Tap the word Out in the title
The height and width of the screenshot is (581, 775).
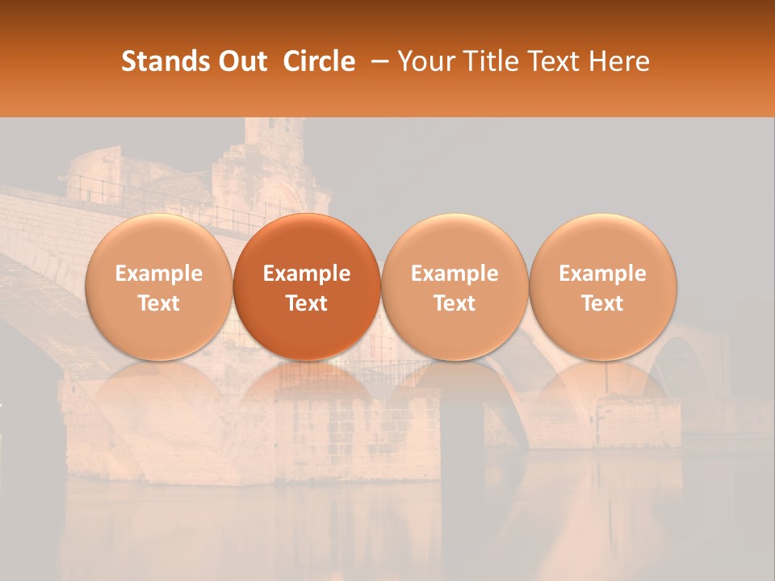244,61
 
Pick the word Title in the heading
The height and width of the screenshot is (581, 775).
490,61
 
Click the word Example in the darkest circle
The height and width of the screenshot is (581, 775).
307,274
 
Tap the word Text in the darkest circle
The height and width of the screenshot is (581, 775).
307,303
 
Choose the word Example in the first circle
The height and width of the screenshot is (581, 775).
159,274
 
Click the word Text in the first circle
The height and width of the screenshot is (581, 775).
159,303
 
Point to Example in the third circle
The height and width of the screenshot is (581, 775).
455,274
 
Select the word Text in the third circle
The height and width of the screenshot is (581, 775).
455,303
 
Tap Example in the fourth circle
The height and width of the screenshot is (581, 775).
602,274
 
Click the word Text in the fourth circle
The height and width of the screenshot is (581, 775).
602,303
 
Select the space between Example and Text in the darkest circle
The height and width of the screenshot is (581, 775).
307,289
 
